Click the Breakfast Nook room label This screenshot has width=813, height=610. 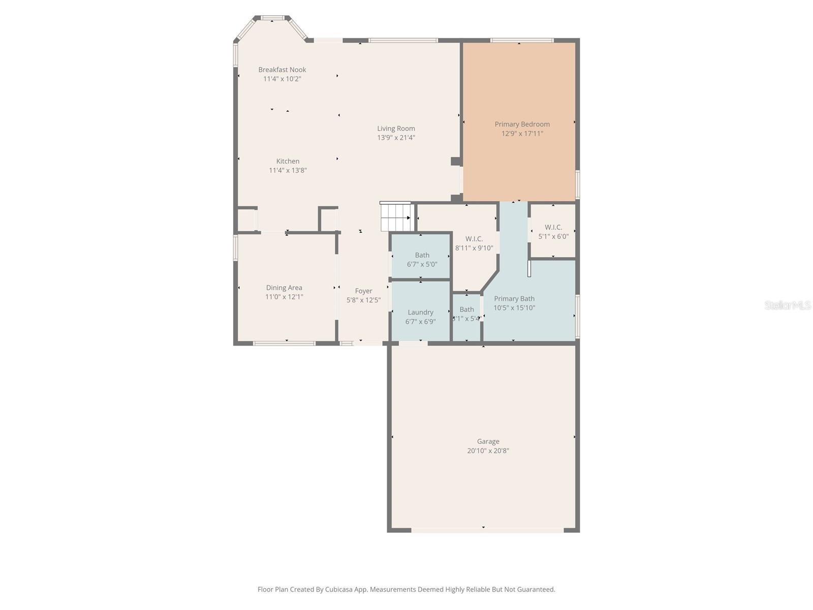click(x=282, y=70)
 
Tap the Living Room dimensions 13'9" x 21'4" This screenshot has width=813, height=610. click(x=396, y=138)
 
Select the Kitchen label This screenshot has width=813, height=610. click(x=288, y=161)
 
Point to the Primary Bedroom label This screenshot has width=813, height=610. click(x=522, y=124)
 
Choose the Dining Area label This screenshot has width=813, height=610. click(x=284, y=288)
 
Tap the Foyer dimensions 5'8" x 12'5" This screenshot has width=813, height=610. click(x=363, y=300)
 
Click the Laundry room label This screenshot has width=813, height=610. click(x=420, y=313)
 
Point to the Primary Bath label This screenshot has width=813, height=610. click(x=514, y=298)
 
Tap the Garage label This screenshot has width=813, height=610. click(x=488, y=441)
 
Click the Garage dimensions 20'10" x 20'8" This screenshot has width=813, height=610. click(x=488, y=451)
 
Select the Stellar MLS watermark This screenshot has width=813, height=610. click(x=788, y=305)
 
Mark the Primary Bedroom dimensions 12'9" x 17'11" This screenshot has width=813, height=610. click(x=522, y=133)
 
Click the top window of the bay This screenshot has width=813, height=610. click(x=272, y=18)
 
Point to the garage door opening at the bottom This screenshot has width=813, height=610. click(x=487, y=530)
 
